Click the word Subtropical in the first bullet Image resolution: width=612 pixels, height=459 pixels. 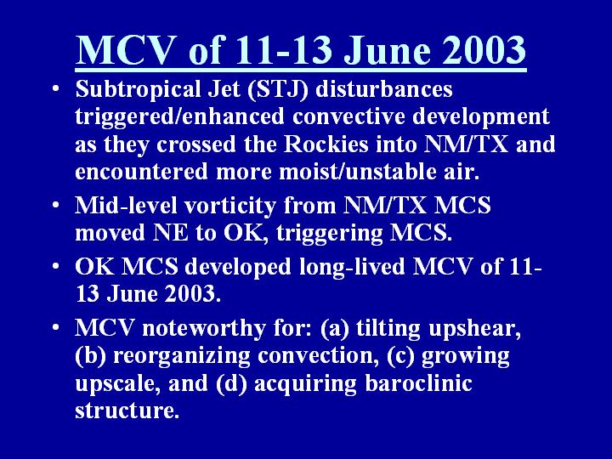[138, 89]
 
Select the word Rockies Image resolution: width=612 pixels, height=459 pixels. [326, 144]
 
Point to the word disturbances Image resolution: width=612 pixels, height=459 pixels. [384, 88]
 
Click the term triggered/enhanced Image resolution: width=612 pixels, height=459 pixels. [180, 117]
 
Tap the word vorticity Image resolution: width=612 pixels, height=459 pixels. [229, 206]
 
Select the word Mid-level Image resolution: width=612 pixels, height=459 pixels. [126, 205]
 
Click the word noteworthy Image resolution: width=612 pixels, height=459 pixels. [204, 328]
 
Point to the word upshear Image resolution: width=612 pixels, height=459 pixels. [474, 329]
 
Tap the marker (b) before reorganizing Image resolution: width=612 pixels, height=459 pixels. [91, 356]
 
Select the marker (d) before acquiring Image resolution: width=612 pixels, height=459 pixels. [231, 383]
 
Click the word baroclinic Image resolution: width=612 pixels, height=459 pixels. [418, 382]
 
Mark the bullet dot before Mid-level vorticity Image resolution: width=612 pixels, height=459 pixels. [57, 205]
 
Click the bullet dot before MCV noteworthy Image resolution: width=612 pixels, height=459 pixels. [57, 327]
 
